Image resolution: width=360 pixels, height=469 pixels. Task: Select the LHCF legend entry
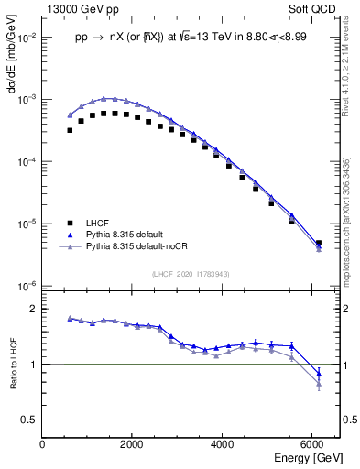coord(97,223)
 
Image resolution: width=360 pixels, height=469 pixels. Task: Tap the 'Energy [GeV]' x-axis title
coord(307,456)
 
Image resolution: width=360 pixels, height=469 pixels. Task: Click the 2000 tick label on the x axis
coord(132,444)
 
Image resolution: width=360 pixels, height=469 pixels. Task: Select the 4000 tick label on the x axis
coord(222,444)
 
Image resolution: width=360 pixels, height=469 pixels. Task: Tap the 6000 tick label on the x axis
coord(311,444)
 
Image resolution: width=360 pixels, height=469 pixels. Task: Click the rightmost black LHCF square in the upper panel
coord(318,243)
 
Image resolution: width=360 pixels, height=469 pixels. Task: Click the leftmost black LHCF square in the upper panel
coord(70,130)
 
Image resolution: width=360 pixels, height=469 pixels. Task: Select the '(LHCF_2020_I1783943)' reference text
coord(191,273)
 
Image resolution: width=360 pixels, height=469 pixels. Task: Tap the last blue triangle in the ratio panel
coord(318,373)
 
